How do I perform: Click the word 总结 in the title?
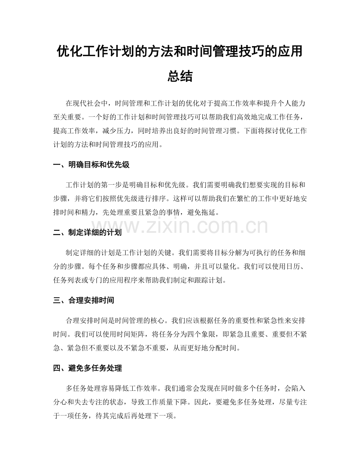[180, 76]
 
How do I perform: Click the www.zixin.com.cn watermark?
[180, 227]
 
